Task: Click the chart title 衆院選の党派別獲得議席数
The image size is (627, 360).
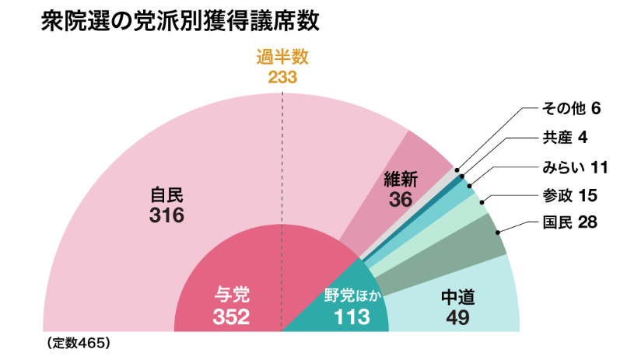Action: click(180, 21)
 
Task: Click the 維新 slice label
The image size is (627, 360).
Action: click(401, 180)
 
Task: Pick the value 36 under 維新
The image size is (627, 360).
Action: click(401, 199)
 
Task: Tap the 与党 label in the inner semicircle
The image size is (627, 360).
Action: click(232, 295)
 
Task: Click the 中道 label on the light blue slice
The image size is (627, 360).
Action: click(457, 296)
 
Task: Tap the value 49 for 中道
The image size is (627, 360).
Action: click(457, 316)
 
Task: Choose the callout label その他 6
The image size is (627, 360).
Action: click(571, 107)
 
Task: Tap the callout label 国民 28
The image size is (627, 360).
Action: click(569, 223)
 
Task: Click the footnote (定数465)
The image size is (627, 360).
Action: click(77, 342)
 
